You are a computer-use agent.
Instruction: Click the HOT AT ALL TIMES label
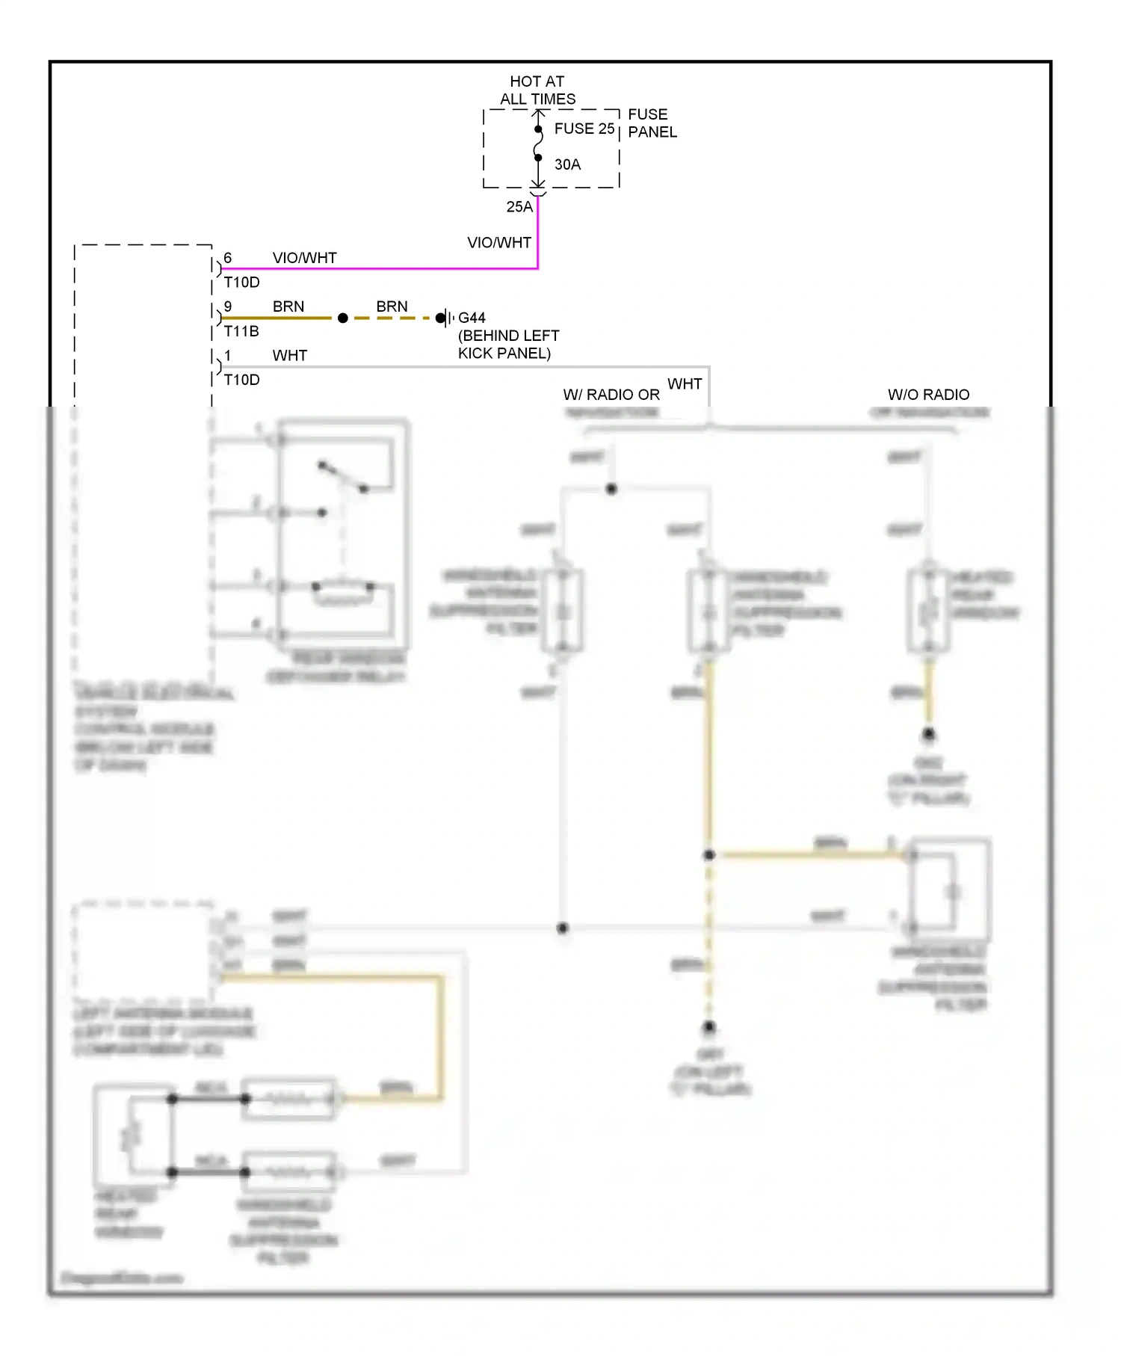coord(537,90)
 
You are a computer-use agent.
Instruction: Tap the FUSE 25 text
coord(584,129)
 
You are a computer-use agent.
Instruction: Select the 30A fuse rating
coord(567,164)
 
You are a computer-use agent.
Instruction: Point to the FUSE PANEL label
coord(652,123)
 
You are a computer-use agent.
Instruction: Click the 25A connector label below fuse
coord(519,207)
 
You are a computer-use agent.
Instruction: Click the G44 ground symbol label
coord(472,318)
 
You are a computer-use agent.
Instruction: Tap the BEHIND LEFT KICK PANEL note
coord(508,345)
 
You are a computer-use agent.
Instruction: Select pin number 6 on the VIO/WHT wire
coord(228,258)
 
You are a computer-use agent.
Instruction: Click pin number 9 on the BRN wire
coord(228,306)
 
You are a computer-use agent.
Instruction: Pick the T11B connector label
coord(241,331)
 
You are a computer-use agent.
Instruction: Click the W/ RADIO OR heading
coord(611,395)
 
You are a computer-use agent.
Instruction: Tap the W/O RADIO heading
coord(928,395)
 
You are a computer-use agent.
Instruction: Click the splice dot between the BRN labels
coord(343,318)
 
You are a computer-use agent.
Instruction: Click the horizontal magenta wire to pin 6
coord(374,268)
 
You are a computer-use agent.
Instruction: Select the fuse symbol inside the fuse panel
coord(538,144)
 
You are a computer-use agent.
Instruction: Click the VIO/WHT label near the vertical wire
coord(498,243)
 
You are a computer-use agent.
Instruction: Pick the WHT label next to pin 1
coord(289,356)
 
